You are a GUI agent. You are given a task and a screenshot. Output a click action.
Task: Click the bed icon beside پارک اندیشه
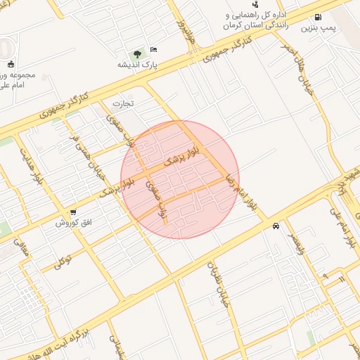(x=154, y=49)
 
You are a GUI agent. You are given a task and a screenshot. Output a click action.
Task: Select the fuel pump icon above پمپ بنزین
(x=319, y=17)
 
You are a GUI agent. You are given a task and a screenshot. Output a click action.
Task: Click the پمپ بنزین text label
(x=316, y=28)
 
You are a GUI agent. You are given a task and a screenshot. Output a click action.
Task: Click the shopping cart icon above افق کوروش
(x=73, y=212)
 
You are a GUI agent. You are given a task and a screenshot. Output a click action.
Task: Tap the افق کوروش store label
(x=71, y=223)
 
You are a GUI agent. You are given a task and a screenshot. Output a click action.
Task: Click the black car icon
(x=275, y=226)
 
